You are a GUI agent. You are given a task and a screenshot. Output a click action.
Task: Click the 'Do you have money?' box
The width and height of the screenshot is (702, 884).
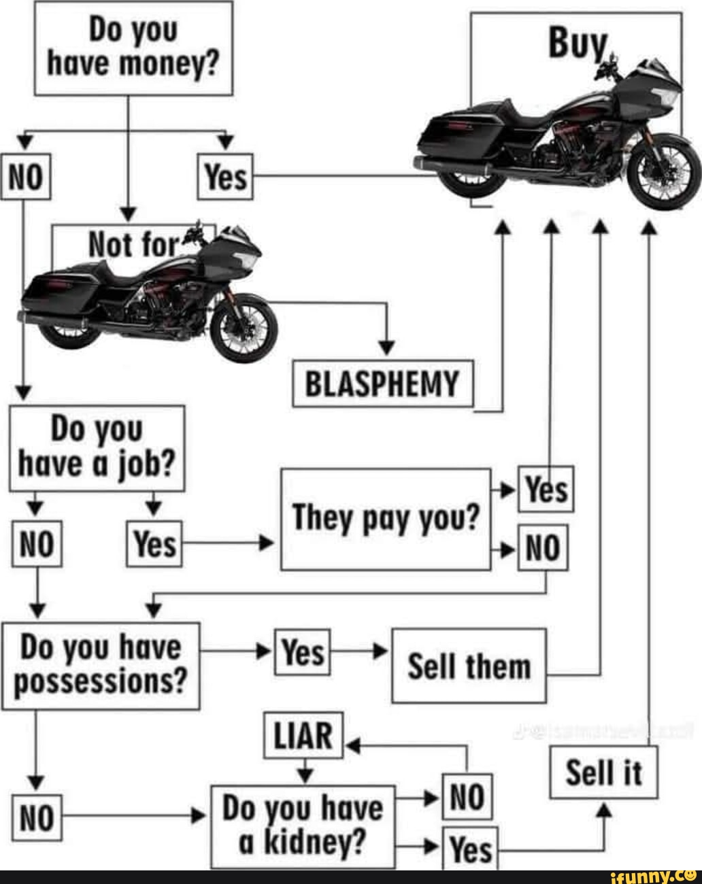tap(133, 48)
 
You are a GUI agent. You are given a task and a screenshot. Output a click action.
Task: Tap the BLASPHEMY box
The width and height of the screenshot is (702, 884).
tap(382, 384)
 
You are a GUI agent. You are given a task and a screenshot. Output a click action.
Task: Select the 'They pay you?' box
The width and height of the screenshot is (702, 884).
tap(386, 519)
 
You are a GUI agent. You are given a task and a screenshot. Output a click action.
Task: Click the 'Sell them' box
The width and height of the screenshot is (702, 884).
tap(469, 666)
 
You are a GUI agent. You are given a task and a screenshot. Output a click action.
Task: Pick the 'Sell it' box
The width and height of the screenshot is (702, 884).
tap(603, 772)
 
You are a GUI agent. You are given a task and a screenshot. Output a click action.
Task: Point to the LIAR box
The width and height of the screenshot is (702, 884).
tap(303, 735)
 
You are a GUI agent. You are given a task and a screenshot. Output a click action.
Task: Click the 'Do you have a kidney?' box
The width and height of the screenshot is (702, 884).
tap(303, 826)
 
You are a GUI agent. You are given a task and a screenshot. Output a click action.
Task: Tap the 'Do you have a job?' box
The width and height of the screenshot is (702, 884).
tap(97, 448)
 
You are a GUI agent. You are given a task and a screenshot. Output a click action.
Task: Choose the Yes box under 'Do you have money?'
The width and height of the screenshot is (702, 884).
tap(225, 177)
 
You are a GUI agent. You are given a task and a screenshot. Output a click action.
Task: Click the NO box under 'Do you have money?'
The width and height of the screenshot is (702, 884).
tap(25, 177)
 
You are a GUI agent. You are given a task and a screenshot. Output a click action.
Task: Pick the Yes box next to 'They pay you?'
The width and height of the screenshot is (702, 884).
tap(546, 489)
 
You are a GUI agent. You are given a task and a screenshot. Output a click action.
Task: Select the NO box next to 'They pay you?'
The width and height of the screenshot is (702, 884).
tap(543, 547)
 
